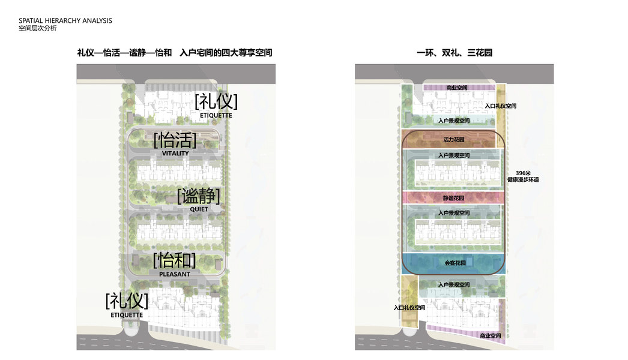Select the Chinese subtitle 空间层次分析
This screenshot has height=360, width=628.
coord(37,28)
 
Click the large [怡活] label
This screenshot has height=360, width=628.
coord(175,140)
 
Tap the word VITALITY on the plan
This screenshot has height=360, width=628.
coord(175,153)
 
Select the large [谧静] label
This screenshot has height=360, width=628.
coord(198,196)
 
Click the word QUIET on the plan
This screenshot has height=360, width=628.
coord(199,209)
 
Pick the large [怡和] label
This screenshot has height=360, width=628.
coord(175,260)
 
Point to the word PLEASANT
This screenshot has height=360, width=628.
coord(175,274)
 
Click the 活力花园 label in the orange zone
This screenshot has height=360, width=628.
coord(454,140)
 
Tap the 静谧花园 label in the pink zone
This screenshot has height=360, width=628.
coord(454,197)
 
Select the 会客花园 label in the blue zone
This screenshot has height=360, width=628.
coord(454,262)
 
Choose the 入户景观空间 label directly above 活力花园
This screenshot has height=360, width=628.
coord(454,121)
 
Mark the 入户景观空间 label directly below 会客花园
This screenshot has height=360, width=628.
coord(454,284)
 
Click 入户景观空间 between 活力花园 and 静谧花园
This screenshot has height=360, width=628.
coord(454,155)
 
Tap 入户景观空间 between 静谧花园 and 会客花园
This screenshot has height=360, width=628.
coord(454,212)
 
